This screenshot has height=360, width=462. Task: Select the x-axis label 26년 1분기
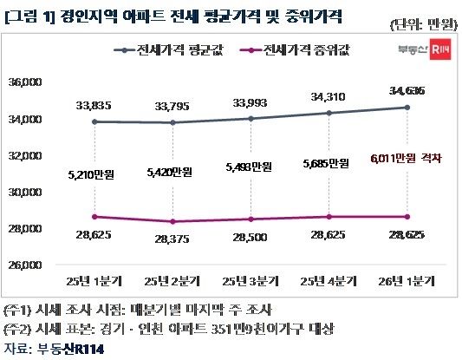point(401,280)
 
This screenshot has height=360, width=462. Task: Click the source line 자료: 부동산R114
point(56,348)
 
